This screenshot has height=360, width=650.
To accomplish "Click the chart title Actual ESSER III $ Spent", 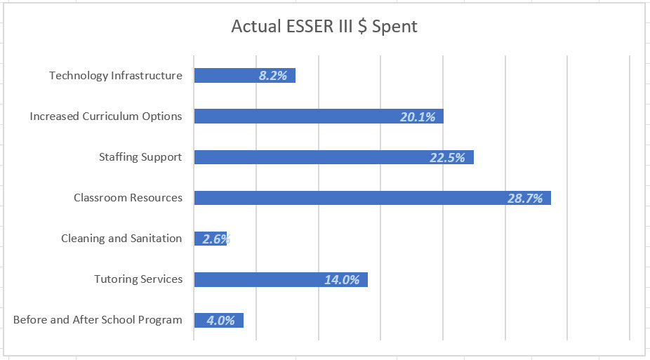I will tap(324, 27).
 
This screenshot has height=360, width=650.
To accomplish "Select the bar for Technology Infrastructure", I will tap(225, 76).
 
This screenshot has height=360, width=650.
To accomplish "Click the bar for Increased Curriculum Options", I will tap(295, 116).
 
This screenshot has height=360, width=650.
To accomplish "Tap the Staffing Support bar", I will tap(309, 157).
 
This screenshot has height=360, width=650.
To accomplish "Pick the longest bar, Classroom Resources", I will tap(351, 198).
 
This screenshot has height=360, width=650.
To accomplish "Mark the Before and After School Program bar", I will tap(199, 320).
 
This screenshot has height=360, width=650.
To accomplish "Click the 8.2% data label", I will tap(273, 76).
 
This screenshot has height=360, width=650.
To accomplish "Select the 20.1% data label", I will tap(418, 117).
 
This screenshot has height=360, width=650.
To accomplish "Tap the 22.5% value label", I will tap(447, 158).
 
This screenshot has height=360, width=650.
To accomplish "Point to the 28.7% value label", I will tap(525, 199).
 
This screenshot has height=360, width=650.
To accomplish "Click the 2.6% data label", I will tap(216, 239).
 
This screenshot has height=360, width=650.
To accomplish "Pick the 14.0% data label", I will tap(342, 280).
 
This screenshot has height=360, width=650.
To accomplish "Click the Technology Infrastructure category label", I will tap(115, 76).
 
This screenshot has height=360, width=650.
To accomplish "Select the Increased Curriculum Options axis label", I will tap(105, 116).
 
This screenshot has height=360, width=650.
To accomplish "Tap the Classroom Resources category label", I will tap(128, 198).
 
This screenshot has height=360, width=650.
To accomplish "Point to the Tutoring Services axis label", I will tap(138, 279).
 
